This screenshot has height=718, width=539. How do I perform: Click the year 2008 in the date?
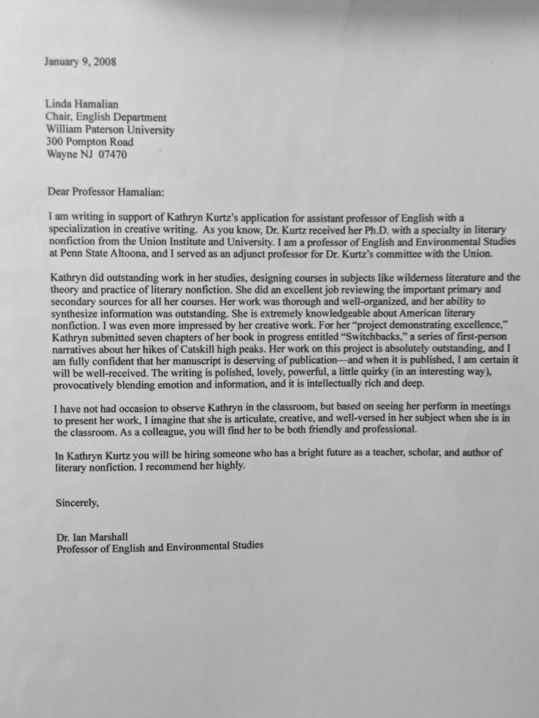(x=105, y=62)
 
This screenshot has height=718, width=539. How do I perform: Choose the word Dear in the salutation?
(x=59, y=191)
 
